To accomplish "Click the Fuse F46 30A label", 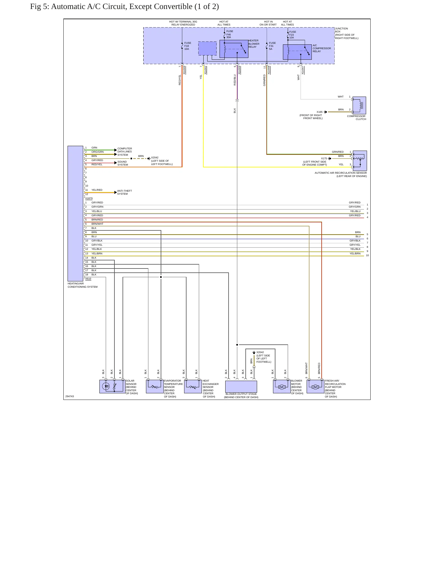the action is [229, 34].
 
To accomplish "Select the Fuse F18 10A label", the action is [188, 46].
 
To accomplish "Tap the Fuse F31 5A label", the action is [272, 46].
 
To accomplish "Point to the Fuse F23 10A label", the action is [293, 34].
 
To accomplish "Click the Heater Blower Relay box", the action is [234, 49].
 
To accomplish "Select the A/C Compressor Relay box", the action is [297, 52].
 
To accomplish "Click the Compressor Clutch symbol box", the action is [359, 105].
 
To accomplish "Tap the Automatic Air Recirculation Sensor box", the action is [360, 161].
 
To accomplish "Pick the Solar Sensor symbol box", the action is [112, 386].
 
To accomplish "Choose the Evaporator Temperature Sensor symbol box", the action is [155, 386].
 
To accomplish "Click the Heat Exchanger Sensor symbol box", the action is [193, 386].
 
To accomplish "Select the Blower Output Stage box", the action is [241, 387].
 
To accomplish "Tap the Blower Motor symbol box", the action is [282, 386].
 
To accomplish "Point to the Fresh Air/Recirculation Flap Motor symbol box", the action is [315, 386].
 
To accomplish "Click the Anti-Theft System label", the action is [125, 192].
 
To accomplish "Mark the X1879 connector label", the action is [89, 198].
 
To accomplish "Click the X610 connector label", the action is [88, 279].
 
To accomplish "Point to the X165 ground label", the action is [320, 112].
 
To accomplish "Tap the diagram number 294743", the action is [70, 396].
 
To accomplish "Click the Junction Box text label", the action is [341, 30].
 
